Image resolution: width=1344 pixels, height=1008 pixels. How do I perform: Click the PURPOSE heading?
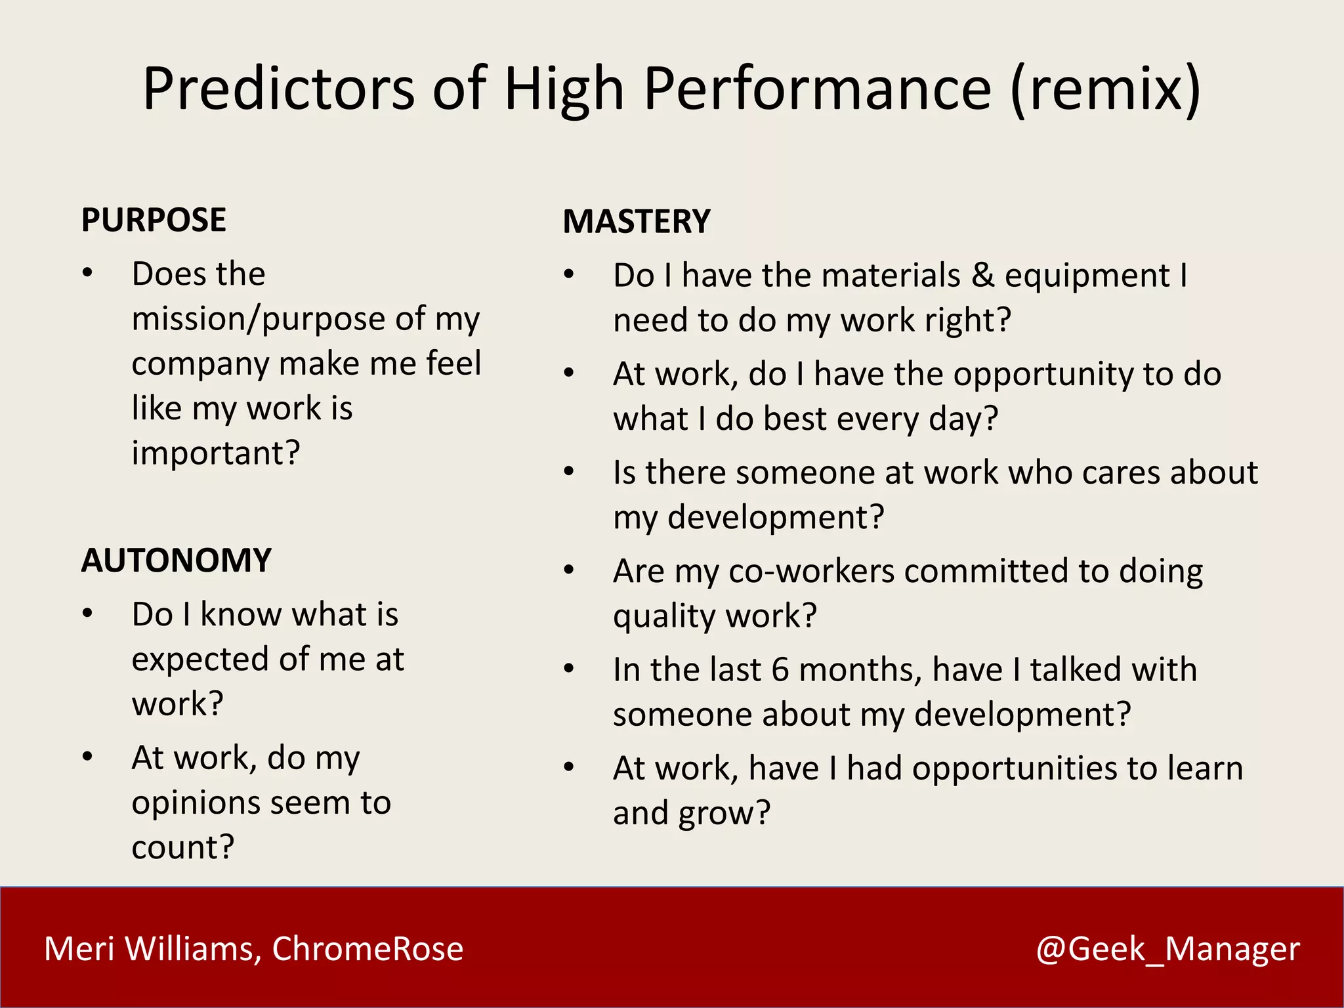pos(154,220)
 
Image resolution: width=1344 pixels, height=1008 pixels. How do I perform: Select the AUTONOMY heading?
pos(176,561)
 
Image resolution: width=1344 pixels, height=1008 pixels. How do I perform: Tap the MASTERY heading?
pos(637,222)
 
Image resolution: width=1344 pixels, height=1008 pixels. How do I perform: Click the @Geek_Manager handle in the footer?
pos(1167,949)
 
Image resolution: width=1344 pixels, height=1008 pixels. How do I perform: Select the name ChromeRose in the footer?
pos(367,949)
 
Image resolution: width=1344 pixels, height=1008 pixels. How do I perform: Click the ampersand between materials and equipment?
pos(982,275)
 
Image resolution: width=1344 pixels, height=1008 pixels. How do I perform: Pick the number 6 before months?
pos(780,670)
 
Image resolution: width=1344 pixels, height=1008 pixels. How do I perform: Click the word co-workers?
pos(811,571)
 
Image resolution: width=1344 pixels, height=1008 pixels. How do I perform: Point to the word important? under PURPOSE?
pos(216,453)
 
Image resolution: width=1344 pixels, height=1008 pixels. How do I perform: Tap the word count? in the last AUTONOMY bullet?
pos(183,847)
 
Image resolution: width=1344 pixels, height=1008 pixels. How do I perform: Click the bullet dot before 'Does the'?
pos(87,273)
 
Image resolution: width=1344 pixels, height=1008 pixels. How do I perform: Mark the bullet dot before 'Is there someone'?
pos(569,471)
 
